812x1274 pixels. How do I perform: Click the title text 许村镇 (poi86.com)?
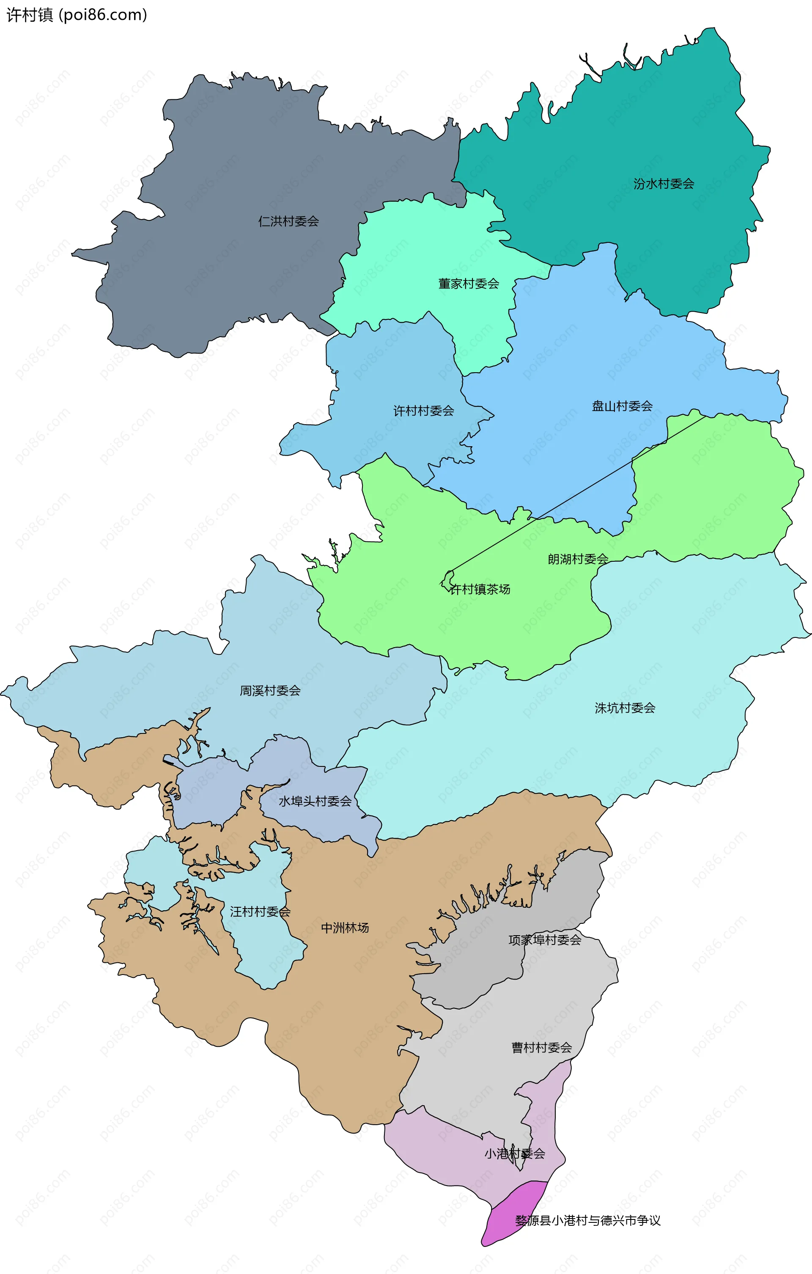[77, 15]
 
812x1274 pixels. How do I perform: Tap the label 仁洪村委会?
[288, 221]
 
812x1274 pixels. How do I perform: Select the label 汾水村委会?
[664, 184]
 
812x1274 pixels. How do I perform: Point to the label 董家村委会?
[468, 283]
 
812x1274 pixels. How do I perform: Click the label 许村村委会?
[423, 411]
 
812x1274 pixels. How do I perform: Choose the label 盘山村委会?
[622, 406]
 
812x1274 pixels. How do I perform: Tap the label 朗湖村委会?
[578, 559]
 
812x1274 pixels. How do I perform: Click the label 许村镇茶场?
[479, 589]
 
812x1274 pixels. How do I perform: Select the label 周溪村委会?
[270, 690]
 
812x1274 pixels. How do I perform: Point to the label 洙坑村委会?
[625, 708]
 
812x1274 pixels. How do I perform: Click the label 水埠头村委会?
[315, 801]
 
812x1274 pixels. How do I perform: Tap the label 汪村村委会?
[260, 912]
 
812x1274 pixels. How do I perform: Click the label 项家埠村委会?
[544, 939]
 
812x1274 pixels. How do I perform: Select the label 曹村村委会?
[541, 1048]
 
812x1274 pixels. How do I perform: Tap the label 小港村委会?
[514, 1153]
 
